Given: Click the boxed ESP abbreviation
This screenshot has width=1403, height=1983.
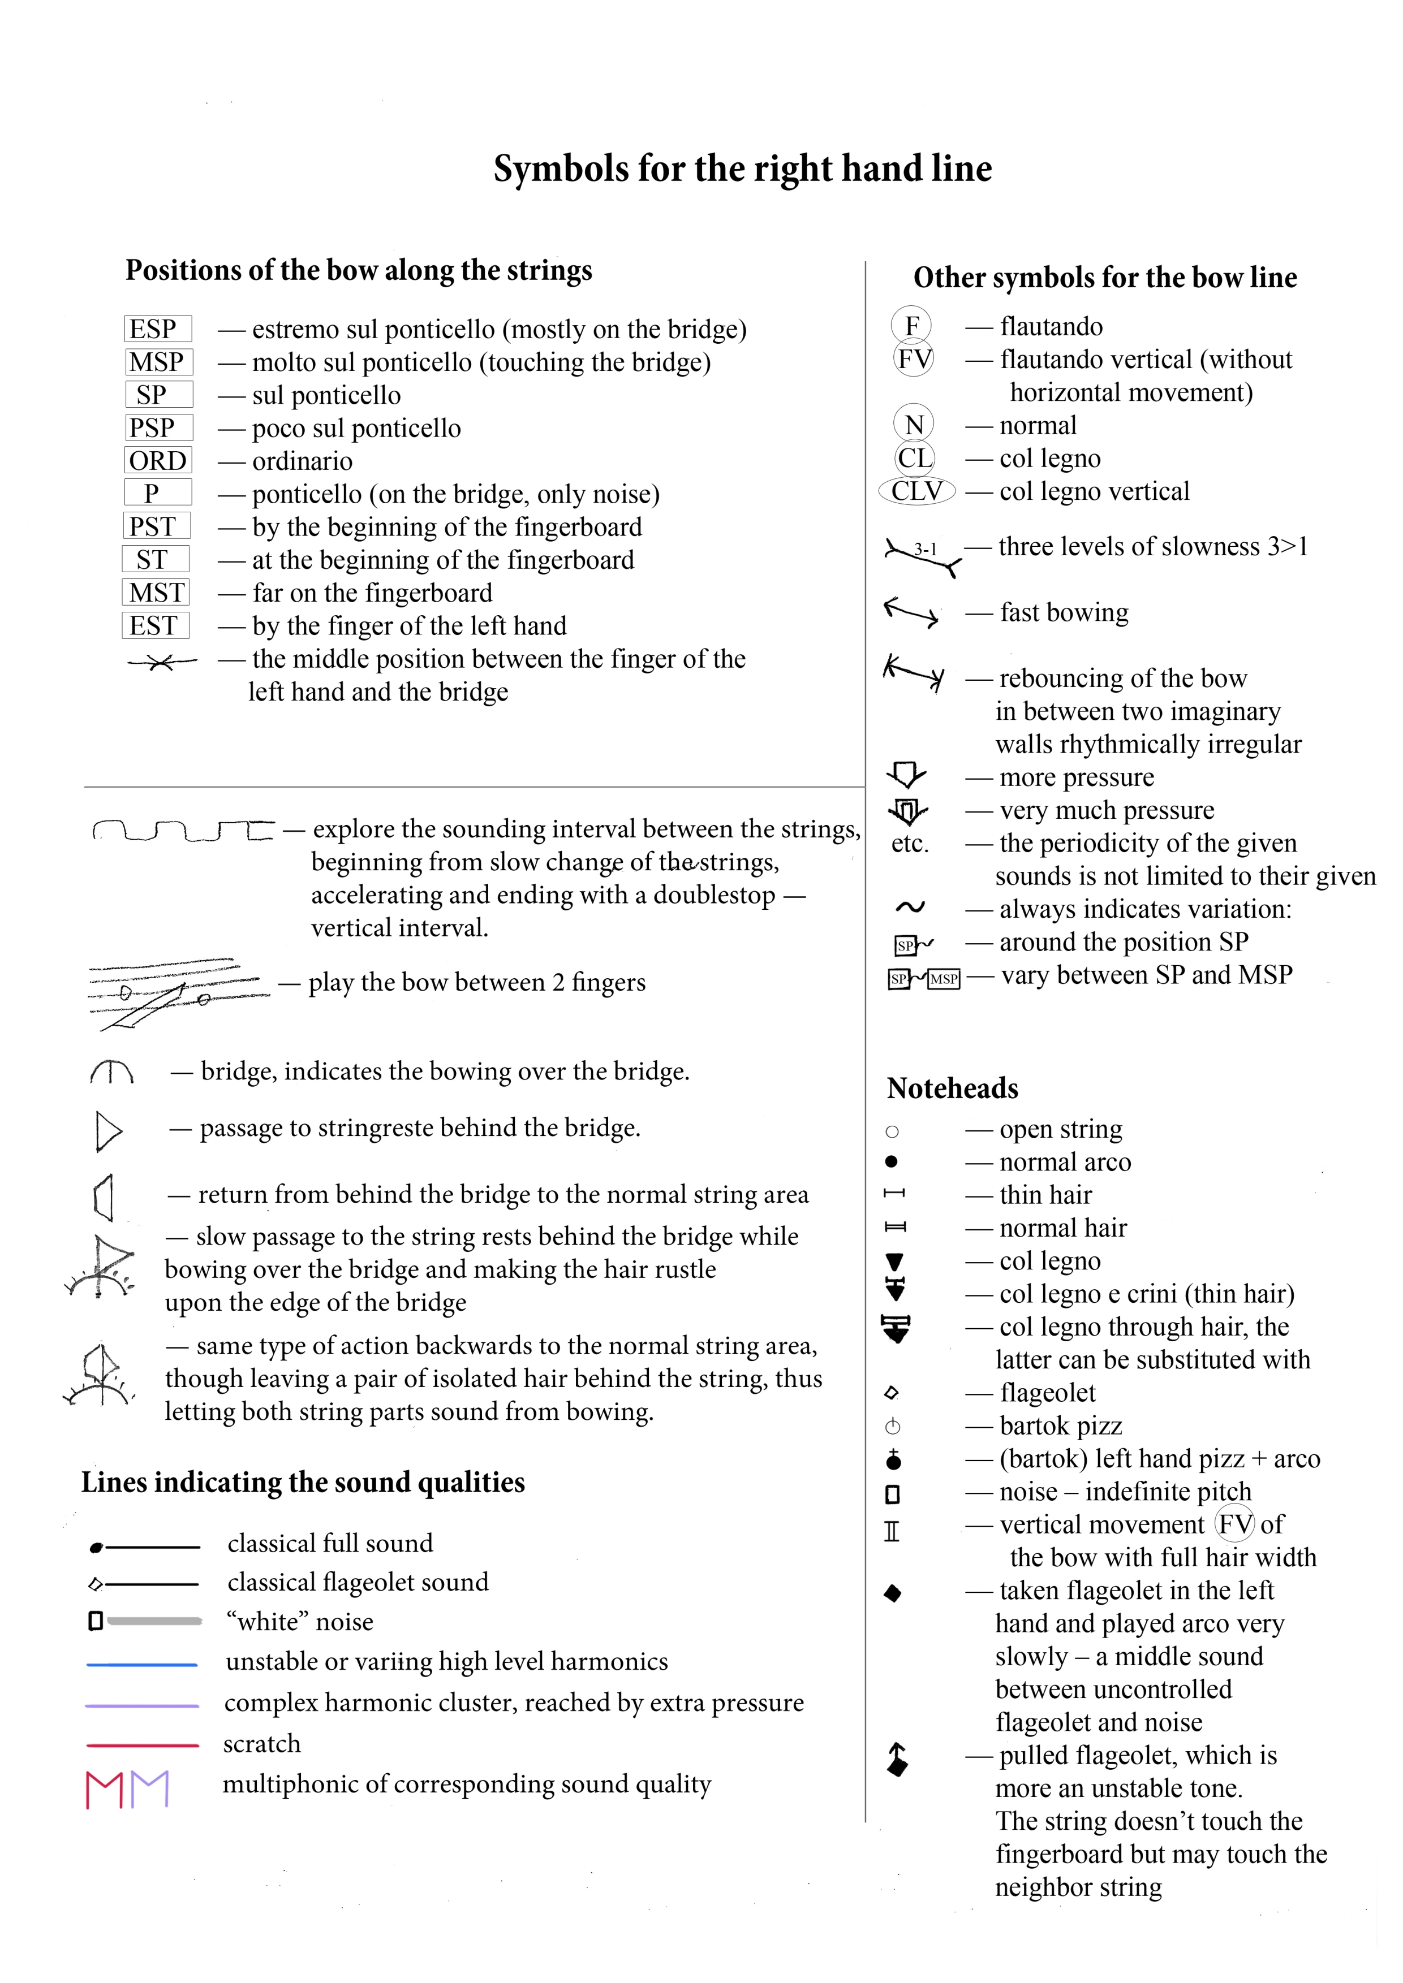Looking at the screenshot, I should point(156,329).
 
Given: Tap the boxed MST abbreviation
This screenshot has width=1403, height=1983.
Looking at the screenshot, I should point(156,593).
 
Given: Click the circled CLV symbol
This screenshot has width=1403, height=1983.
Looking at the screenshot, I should point(916,491).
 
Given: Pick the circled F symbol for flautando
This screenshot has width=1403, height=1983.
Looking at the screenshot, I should point(911,326).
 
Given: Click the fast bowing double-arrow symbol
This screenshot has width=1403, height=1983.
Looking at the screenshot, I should point(911,612).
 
